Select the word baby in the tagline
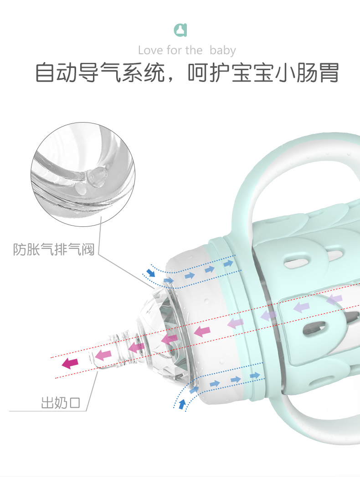point(223,50)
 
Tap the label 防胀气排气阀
point(53,250)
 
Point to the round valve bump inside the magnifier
point(96,176)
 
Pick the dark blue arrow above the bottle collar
point(150,273)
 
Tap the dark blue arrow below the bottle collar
point(182,404)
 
